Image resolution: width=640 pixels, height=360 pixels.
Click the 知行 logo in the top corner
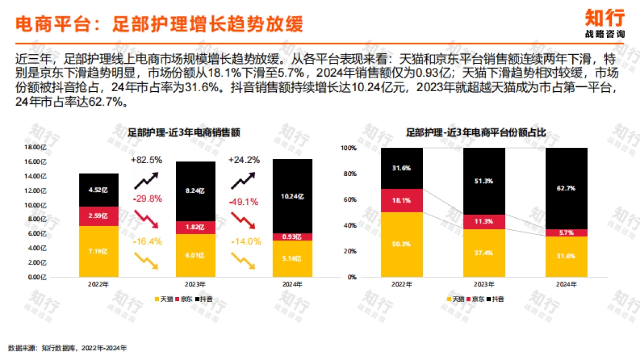point(604,23)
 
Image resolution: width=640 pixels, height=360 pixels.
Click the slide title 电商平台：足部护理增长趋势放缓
point(158,24)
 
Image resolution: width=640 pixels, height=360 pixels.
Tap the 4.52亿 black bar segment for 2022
point(98,190)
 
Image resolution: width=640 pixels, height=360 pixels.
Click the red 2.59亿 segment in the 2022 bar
point(98,216)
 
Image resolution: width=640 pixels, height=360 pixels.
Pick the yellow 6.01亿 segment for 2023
point(196,255)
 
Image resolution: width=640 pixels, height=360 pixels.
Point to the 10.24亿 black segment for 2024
point(292,196)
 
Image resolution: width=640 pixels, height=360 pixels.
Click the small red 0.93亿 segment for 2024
point(292,236)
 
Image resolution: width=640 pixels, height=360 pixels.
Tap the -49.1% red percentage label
point(243,202)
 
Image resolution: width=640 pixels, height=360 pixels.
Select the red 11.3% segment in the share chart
point(484,222)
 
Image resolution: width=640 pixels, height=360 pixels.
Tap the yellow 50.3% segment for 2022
point(402,244)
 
